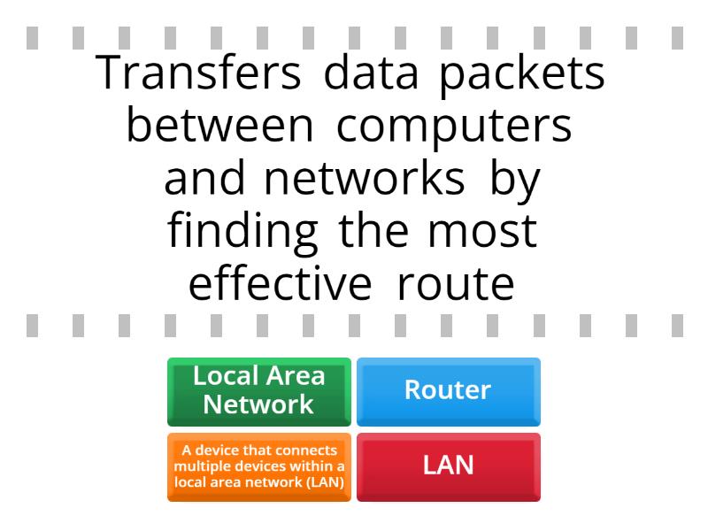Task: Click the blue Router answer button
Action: pos(449,391)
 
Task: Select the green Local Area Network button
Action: pos(259,391)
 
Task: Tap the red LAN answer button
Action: pos(449,467)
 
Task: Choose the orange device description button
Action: pos(259,467)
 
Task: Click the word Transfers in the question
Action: pos(198,73)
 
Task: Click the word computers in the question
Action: pos(454,128)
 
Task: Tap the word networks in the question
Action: pos(364,180)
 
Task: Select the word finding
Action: pos(242,234)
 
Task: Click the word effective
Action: pos(281,284)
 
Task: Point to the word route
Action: pos(456,286)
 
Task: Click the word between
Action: pos(219,126)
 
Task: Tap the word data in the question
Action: pos(371,73)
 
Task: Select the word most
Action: pos(482,233)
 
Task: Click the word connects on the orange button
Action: pos(306,450)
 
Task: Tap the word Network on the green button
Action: pos(258,404)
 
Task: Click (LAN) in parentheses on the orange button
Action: pos(326,482)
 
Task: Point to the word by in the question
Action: pos(515,182)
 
